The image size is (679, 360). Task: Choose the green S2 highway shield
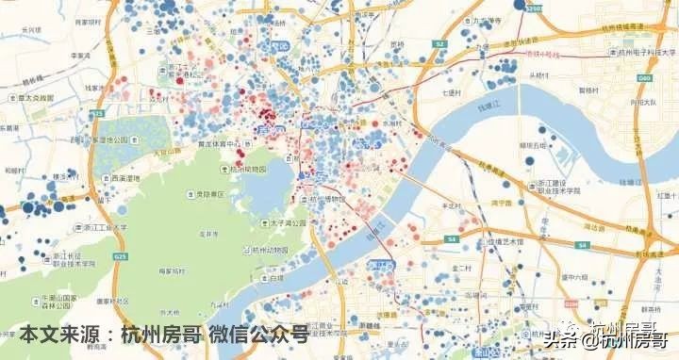[x=439, y=44]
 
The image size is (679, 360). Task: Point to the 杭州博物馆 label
[x=325, y=199]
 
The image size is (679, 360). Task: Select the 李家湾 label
[x=80, y=56]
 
